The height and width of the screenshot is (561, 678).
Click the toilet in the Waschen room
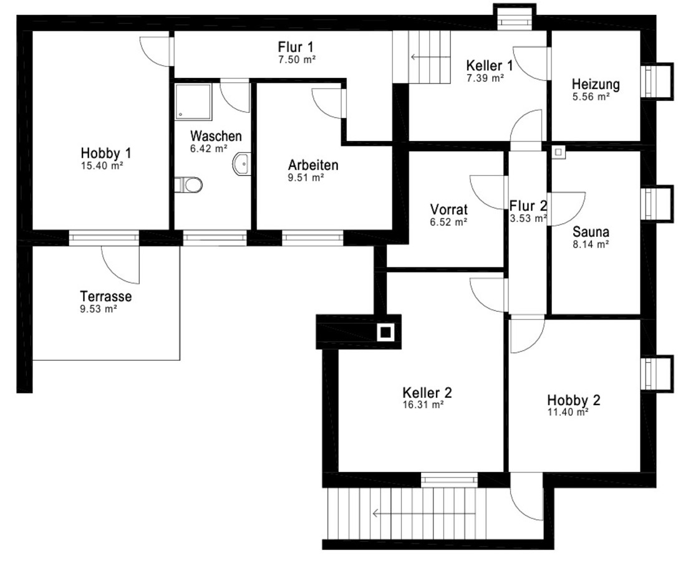pos(190,185)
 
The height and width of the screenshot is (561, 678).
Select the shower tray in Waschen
pos(194,102)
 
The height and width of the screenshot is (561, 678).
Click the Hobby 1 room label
pos(106,153)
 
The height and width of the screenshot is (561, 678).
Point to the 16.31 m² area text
pos(423,405)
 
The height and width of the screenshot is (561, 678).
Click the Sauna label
pos(591,232)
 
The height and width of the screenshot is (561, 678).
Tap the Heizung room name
pos(596,84)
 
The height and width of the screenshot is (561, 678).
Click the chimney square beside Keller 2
pos(385,332)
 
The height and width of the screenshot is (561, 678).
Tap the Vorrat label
pos(449,209)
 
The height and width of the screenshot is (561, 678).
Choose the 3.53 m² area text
pos(528,219)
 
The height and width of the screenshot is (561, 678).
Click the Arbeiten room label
pos(313,165)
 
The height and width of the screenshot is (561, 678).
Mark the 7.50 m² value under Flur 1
pos(297,60)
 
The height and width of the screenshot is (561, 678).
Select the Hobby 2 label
pos(573,400)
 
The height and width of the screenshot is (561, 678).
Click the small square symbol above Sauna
pos(559,152)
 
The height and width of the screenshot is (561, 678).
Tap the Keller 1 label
pos(490,65)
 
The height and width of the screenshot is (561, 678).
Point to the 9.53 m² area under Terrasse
pos(99,309)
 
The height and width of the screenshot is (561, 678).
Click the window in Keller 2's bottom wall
pos(449,480)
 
